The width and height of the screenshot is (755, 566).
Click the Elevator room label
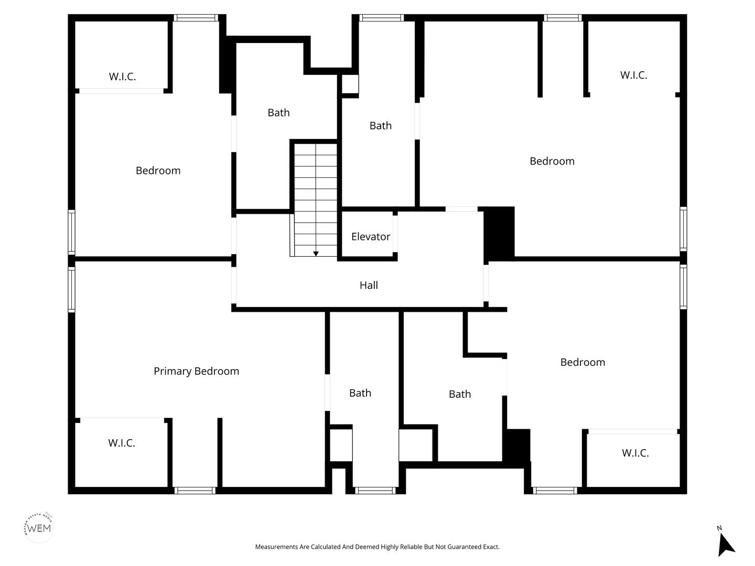coord(371,236)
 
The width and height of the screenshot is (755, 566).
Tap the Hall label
coord(369,285)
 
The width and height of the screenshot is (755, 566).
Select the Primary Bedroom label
coord(196,371)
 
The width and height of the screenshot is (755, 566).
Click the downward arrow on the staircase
coord(316,254)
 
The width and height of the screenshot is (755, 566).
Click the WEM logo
coord(39,528)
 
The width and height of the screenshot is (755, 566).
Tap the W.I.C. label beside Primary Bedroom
coord(122,443)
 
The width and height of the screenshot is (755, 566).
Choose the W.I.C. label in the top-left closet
coord(123,77)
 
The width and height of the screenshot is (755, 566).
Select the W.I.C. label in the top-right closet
coord(633,75)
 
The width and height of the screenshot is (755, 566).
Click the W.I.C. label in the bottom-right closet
coord(635,453)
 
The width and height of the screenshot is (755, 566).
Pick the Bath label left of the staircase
coord(278,113)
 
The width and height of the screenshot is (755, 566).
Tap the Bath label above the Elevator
coord(381,126)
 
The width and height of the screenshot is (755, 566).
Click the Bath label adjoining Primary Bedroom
coord(360,393)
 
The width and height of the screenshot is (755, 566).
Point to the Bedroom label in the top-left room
coord(158,170)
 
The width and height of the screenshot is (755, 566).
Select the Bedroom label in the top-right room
coord(552,161)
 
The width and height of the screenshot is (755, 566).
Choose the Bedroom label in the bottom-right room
coord(583,362)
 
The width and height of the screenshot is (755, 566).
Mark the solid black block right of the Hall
coord(499,233)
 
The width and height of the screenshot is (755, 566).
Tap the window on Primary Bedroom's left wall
coord(71,290)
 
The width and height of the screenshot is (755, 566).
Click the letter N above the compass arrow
coord(719,528)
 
